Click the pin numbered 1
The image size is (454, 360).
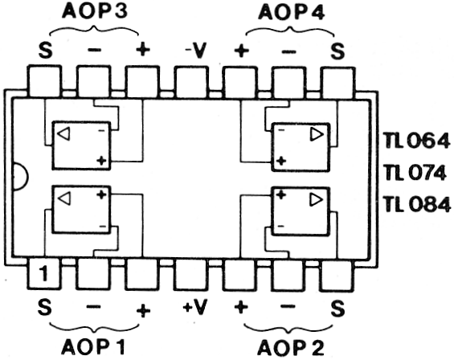tap(44, 273)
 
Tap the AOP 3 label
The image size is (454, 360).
tap(95, 11)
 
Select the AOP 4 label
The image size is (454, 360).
tap(291, 13)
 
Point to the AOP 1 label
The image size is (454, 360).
tap(93, 346)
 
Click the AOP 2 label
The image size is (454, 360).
tap(291, 348)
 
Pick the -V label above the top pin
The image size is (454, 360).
tap(196, 51)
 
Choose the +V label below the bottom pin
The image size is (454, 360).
tap(195, 307)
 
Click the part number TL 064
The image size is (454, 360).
tap(417, 141)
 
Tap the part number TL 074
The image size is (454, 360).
tap(415, 173)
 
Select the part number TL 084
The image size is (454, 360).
tap(417, 204)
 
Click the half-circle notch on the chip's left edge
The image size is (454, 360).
tap(21, 176)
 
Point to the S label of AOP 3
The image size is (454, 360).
tap(46, 51)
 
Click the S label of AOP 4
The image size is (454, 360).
tap(337, 51)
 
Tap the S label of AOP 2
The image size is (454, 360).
tap(337, 308)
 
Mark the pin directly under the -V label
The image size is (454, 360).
tap(191, 82)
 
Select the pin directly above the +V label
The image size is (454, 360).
tap(191, 275)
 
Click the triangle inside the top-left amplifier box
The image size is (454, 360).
tap(63, 134)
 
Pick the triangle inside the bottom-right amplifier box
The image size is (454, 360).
tap(317, 199)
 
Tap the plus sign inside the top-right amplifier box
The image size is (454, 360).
tap(281, 161)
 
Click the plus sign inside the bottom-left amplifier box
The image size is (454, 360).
tap(101, 194)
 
